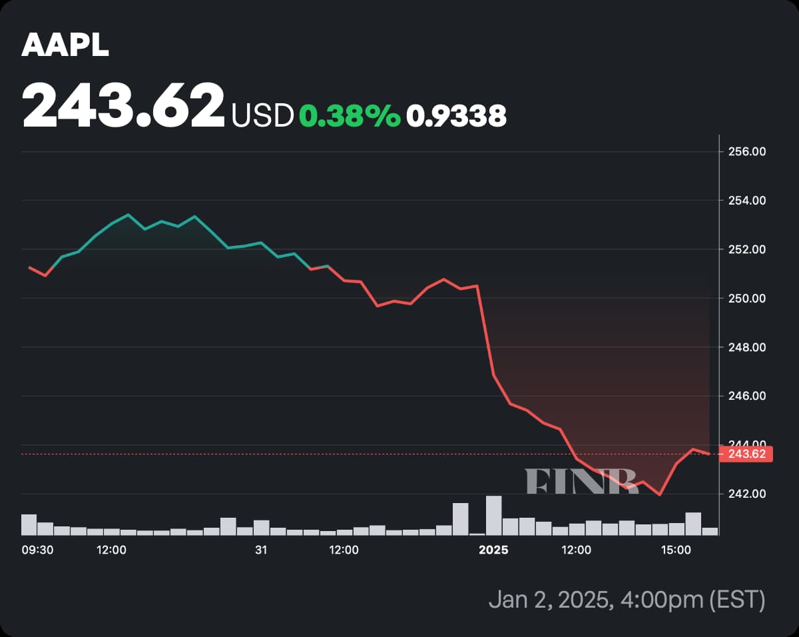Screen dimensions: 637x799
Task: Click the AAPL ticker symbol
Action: click(65, 45)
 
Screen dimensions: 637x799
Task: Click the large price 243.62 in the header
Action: click(123, 105)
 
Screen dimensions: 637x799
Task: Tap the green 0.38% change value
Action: click(350, 116)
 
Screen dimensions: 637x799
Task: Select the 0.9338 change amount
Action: click(456, 116)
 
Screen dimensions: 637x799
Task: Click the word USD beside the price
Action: click(262, 116)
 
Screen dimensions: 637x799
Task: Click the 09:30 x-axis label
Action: click(37, 550)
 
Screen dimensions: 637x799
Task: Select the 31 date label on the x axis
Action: click(261, 550)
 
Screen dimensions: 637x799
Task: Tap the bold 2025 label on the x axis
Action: click(493, 550)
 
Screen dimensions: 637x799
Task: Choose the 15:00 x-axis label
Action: click(675, 550)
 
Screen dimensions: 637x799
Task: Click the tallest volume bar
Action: click(493, 515)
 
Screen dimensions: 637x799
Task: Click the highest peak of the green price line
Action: click(129, 215)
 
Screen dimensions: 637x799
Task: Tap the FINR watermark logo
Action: click(581, 480)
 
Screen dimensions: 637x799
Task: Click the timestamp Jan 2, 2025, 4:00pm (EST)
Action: click(626, 600)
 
